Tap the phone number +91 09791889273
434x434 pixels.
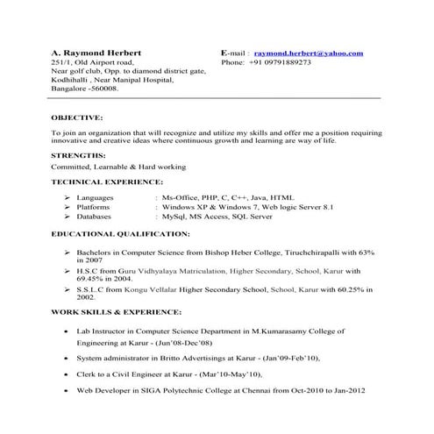(280, 63)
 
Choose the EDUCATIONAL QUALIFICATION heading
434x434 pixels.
(120, 234)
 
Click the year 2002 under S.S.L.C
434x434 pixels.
(86, 297)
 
